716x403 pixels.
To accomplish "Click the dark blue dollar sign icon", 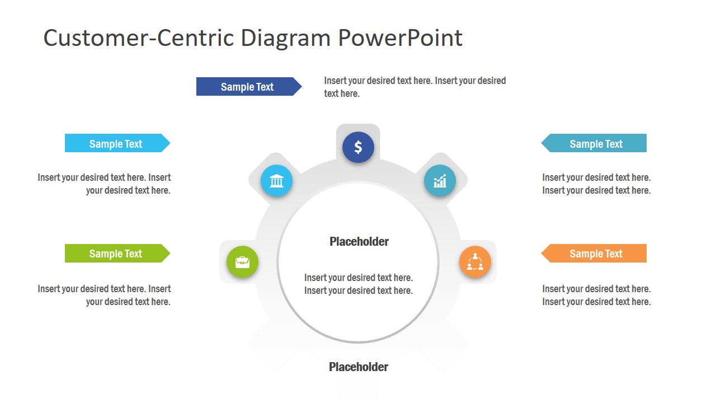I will point(358,147).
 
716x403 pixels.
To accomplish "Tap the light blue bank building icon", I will point(276,181).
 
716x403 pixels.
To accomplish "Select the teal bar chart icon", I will point(440,181).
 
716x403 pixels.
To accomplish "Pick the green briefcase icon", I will point(242,262).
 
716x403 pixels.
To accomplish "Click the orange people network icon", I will point(475,262).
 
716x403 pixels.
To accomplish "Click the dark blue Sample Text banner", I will point(247,87).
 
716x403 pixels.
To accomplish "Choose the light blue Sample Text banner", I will point(116,143).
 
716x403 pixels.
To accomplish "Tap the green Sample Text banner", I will point(116,254).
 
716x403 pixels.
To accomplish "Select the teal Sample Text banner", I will point(595,143).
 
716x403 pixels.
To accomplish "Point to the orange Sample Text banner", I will point(595,254).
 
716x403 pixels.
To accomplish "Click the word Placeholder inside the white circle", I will point(359,242).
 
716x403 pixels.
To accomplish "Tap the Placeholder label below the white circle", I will point(359,367).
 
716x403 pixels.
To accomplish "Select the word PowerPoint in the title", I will point(400,38).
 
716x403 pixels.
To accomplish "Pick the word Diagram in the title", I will point(285,38).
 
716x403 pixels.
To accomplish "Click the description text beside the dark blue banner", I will point(414,87).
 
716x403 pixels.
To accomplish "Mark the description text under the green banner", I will point(105,295).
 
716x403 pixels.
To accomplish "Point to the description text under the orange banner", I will point(596,295).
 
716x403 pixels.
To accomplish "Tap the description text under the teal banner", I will point(596,184).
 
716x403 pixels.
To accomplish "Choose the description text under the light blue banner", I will point(105,184).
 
